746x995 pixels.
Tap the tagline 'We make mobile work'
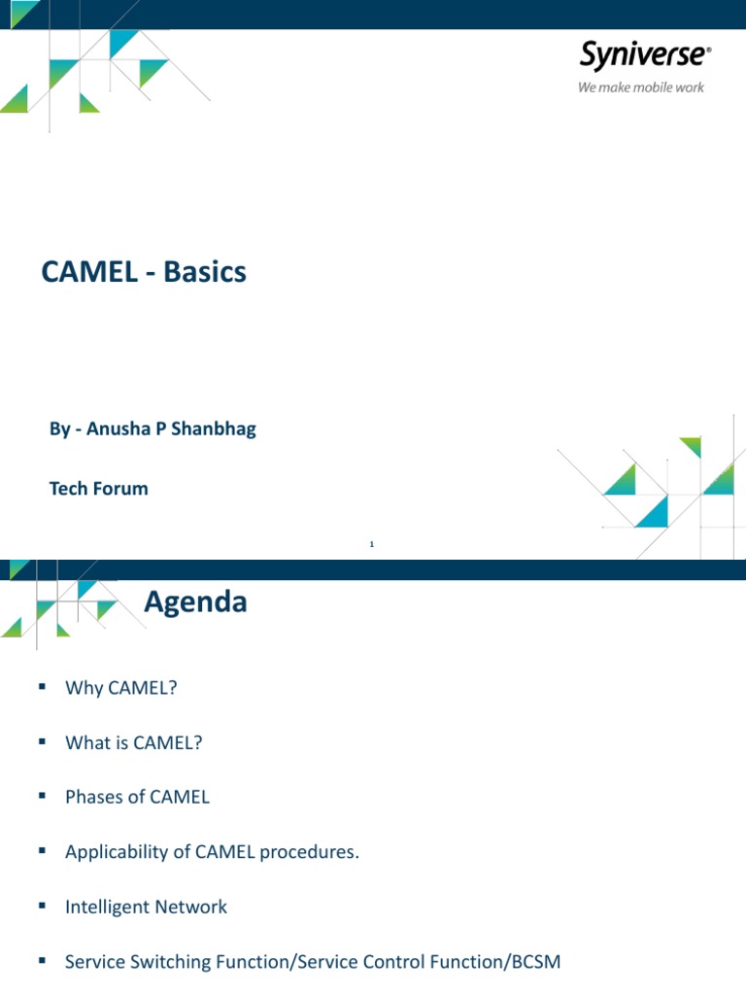click(641, 87)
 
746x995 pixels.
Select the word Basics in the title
click(205, 273)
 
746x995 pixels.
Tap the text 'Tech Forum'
click(99, 489)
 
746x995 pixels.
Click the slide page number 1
click(372, 544)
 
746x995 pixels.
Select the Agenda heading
click(195, 602)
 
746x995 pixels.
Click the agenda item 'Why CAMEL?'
click(121, 688)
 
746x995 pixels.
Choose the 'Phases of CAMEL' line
click(137, 797)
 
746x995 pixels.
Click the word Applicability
click(115, 852)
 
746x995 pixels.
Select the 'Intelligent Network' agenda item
click(146, 907)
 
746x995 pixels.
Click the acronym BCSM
click(535, 962)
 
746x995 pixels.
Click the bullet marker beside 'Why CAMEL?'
click(42, 687)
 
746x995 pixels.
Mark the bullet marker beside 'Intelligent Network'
click(42, 906)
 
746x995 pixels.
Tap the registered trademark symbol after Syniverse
click(708, 49)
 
